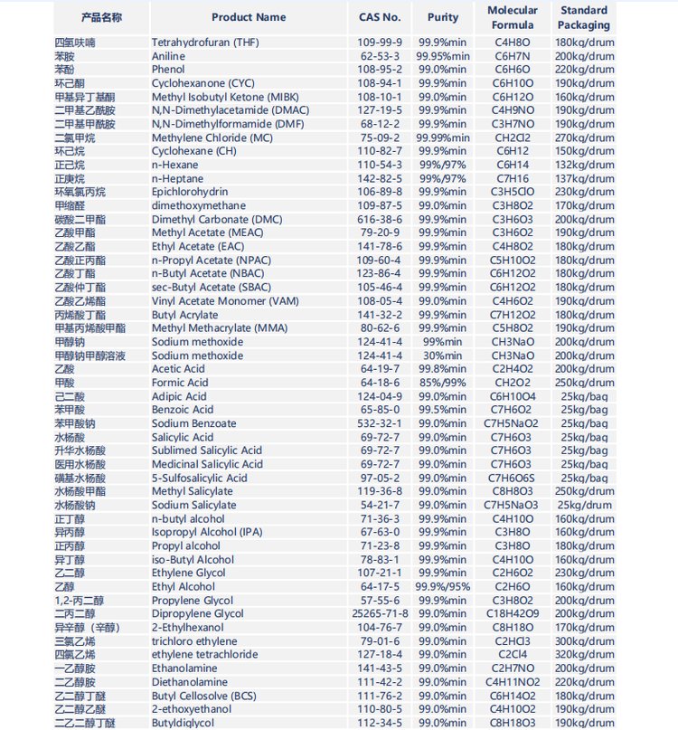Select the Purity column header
pyautogui.click(x=443, y=17)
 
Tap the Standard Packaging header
pyautogui.click(x=583, y=17)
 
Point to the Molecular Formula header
pyautogui.click(x=513, y=17)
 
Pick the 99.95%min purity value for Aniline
pyautogui.click(x=443, y=56)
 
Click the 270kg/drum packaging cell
pyautogui.click(x=584, y=137)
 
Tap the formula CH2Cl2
pyautogui.click(x=513, y=137)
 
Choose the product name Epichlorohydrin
pyautogui.click(x=190, y=192)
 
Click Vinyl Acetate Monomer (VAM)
pyautogui.click(x=225, y=301)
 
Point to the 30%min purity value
pyautogui.click(x=443, y=356)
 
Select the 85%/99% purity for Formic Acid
pyautogui.click(x=443, y=383)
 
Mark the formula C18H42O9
pyautogui.click(x=513, y=613)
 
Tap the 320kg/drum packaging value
pyautogui.click(x=584, y=654)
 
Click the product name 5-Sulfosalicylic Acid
pyautogui.click(x=199, y=478)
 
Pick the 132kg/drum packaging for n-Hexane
pyautogui.click(x=584, y=165)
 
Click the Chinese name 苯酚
pyautogui.click(x=64, y=70)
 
